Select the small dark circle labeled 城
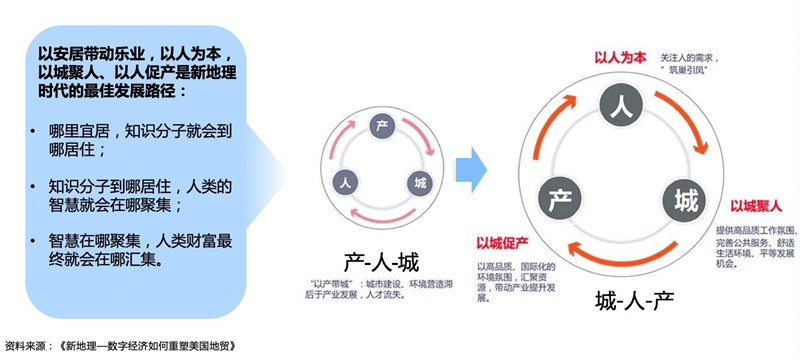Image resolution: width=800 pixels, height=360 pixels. pyautogui.click(x=418, y=184)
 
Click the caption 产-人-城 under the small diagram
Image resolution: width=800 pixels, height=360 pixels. pyautogui.click(x=383, y=262)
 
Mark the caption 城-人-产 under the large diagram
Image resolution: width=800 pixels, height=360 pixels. pyautogui.click(x=632, y=300)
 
